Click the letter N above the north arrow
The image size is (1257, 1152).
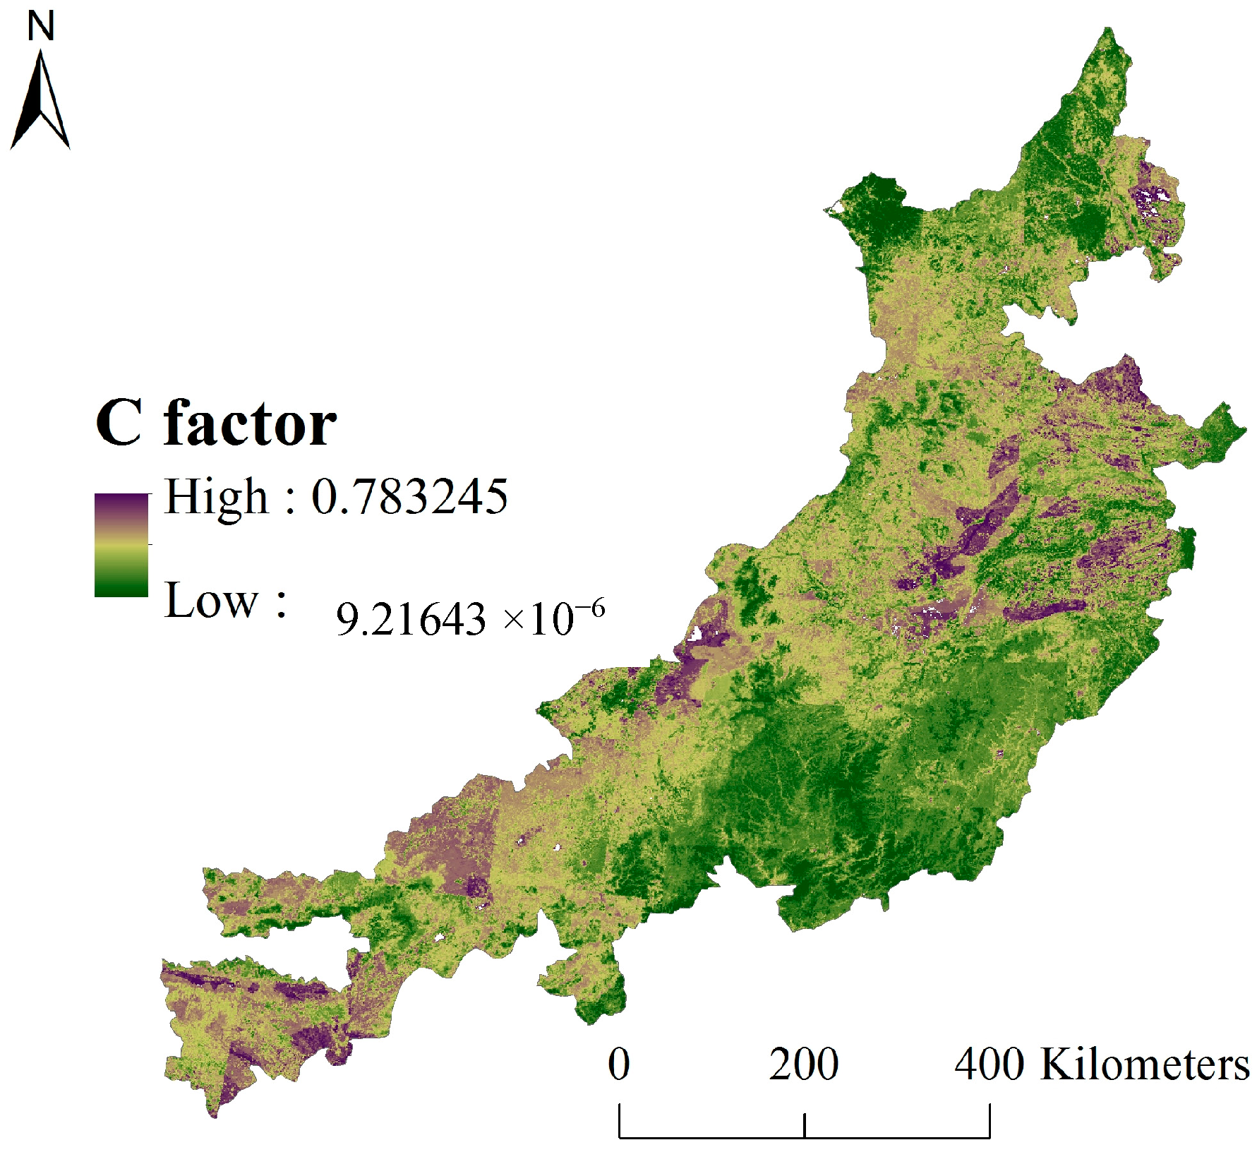(x=41, y=27)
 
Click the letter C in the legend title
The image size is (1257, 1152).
(x=119, y=424)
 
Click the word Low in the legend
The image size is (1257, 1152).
(x=211, y=601)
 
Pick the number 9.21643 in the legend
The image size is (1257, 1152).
(x=411, y=620)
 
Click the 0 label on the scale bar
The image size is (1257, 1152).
(x=619, y=1064)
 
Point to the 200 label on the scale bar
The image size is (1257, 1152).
(x=804, y=1064)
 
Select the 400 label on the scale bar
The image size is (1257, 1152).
(x=989, y=1064)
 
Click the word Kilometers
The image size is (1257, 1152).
(x=1144, y=1064)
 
